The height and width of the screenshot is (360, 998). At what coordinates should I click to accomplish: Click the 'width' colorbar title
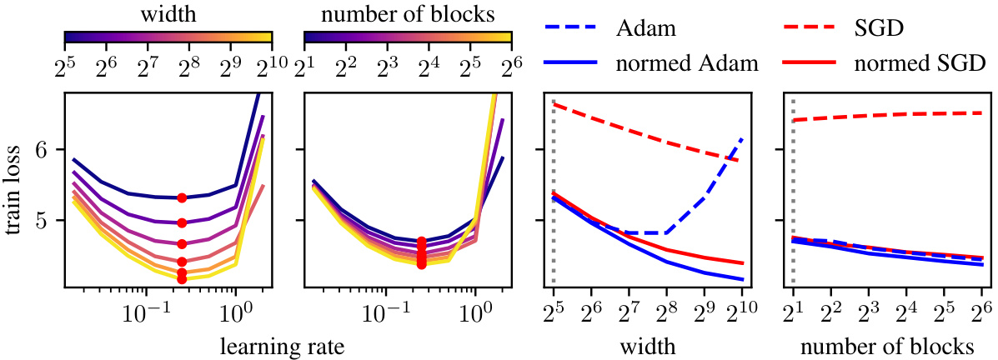(x=169, y=15)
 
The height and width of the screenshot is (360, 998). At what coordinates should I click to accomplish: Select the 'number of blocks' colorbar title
(x=408, y=15)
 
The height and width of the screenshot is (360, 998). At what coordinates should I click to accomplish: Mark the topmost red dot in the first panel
(x=182, y=197)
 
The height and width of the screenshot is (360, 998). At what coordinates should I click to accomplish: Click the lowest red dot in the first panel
(x=182, y=279)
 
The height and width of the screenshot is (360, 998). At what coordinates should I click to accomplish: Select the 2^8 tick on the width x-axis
(x=666, y=314)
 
